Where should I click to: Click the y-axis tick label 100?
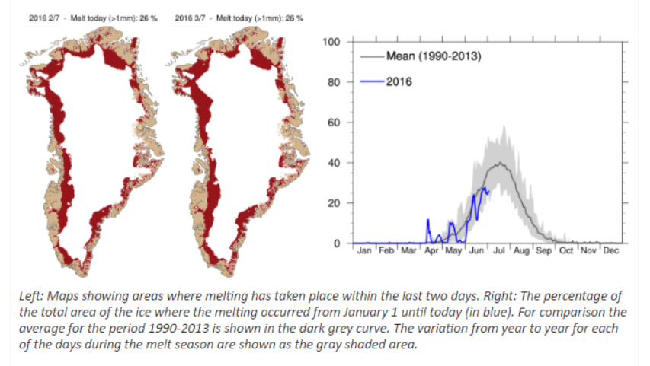[x=331, y=42]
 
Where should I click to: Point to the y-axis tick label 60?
[x=334, y=123]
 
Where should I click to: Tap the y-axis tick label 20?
[x=334, y=203]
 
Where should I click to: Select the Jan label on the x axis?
[x=364, y=250]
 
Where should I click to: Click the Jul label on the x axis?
[x=498, y=250]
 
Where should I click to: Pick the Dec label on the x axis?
[x=610, y=250]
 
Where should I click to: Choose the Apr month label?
[x=431, y=251]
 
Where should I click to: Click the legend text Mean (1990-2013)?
[x=434, y=56]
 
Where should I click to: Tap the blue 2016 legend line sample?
[x=372, y=81]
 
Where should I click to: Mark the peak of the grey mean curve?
[x=501, y=163]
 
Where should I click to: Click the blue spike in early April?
[x=427, y=220]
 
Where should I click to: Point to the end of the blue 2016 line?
[x=488, y=191]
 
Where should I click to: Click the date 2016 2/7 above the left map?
[x=44, y=18]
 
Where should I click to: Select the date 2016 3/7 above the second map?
[x=190, y=18]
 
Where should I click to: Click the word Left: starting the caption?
[x=31, y=296]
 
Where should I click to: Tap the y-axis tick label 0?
[x=337, y=243]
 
